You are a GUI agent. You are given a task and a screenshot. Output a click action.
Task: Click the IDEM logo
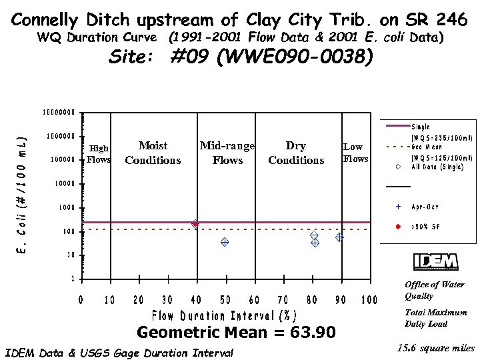[435, 262]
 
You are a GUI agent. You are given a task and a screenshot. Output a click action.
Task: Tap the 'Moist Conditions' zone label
[153, 153]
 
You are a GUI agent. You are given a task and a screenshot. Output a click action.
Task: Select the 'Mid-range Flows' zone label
[227, 153]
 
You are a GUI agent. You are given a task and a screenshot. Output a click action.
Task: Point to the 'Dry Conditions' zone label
[296, 153]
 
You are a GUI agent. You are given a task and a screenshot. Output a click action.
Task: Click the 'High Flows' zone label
[99, 154]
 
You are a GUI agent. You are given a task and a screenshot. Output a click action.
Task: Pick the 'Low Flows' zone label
[355, 153]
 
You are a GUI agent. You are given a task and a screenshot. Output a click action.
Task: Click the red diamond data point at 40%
[195, 224]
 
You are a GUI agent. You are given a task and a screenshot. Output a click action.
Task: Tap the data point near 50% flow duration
[225, 243]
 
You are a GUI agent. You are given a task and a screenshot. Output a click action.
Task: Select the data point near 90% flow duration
[339, 237]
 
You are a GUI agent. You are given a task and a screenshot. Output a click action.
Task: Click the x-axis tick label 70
[283, 300]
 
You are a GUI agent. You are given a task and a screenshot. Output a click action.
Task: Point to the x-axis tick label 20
[139, 300]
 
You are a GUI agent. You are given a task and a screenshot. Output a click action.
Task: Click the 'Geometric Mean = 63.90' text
[236, 332]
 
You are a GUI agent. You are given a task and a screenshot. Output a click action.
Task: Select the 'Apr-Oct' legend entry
[423, 207]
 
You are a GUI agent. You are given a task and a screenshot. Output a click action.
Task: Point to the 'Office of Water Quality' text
[434, 290]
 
